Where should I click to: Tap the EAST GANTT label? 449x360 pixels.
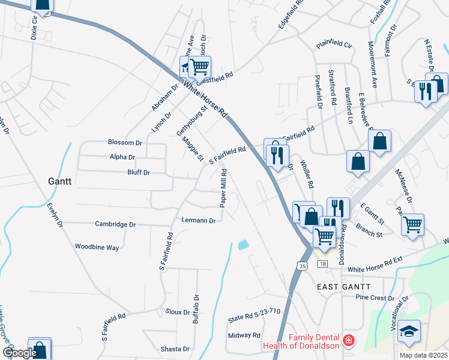pyautogui.click(x=345, y=287)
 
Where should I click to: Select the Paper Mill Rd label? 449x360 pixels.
pyautogui.click(x=223, y=188)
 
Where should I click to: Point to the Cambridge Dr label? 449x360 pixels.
pyautogui.click(x=116, y=224)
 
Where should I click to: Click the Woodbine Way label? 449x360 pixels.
pyautogui.click(x=97, y=247)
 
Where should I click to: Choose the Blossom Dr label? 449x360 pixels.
pyautogui.click(x=125, y=143)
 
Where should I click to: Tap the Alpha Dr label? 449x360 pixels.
pyautogui.click(x=122, y=157)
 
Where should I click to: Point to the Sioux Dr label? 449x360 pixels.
pyautogui.click(x=177, y=313)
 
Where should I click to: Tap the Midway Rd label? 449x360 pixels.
pyautogui.click(x=244, y=335)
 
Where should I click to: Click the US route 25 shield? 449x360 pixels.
pyautogui.click(x=301, y=265)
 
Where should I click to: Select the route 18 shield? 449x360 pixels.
pyautogui.click(x=323, y=265)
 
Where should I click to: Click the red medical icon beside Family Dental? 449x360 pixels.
pyautogui.click(x=346, y=341)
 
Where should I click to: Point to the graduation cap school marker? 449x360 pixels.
pyautogui.click(x=409, y=331)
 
